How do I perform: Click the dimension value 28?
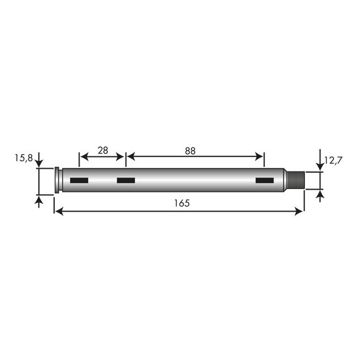pyautogui.click(x=102, y=150)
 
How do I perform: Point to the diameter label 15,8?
pyautogui.click(x=23, y=159)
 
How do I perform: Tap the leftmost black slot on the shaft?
pyautogui.click(x=79, y=181)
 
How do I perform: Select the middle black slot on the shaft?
pyautogui.click(x=125, y=181)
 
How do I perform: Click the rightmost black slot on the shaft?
pyautogui.click(x=264, y=181)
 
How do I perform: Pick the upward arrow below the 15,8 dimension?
pyautogui.click(x=39, y=199)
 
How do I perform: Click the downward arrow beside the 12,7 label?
pyautogui.click(x=321, y=164)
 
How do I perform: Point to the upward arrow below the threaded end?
pyautogui.click(x=321, y=195)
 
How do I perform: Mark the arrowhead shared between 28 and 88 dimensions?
pyautogui.click(x=125, y=156)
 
